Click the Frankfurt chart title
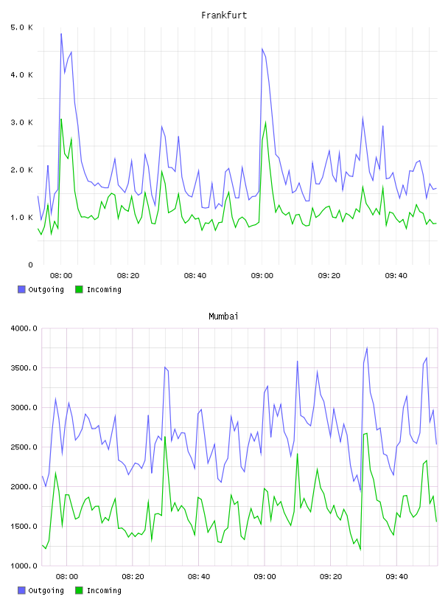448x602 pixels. click(224, 15)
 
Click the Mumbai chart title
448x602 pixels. click(223, 316)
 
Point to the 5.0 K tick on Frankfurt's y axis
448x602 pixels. click(21, 27)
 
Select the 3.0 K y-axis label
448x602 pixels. click(21, 122)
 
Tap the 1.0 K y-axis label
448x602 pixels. click(21, 218)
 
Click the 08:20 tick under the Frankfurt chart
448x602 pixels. click(128, 276)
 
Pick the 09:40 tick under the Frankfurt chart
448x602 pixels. click(396, 276)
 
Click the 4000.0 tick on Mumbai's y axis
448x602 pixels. click(24, 328)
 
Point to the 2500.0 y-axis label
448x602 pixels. click(24, 447)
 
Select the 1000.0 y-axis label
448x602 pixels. click(24, 566)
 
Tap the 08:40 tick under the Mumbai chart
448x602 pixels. click(199, 577)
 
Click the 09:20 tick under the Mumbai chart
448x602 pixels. click(331, 577)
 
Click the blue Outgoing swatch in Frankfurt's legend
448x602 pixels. click(21, 289)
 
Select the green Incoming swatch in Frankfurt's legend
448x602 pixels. click(79, 289)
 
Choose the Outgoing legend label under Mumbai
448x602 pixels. click(46, 590)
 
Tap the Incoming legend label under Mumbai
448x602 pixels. click(104, 590)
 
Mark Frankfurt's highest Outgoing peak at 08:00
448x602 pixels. click(61, 34)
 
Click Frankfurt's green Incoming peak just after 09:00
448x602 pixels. click(265, 122)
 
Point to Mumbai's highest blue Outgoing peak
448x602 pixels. click(367, 347)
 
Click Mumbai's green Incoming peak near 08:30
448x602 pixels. click(165, 437)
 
